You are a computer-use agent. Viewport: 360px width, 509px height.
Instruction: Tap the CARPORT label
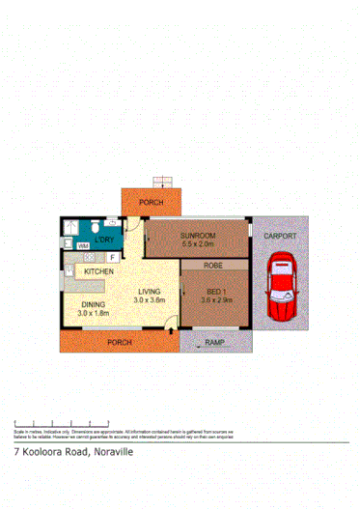tap(282, 237)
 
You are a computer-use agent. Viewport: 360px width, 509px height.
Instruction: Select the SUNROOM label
tap(198, 235)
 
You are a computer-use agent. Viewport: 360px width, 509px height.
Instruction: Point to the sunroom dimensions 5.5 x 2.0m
tap(198, 244)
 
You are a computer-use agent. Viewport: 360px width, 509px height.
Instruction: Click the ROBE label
tap(212, 265)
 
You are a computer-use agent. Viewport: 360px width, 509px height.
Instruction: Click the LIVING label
tap(149, 291)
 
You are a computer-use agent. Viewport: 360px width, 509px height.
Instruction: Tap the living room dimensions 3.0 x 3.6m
tap(150, 300)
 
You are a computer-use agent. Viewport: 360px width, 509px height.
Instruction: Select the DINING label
tap(95, 304)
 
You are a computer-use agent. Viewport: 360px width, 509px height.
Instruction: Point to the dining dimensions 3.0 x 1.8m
tap(95, 314)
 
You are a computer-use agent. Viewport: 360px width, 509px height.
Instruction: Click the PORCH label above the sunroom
tap(151, 202)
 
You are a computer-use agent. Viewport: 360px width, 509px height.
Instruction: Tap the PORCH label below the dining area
tap(118, 342)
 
